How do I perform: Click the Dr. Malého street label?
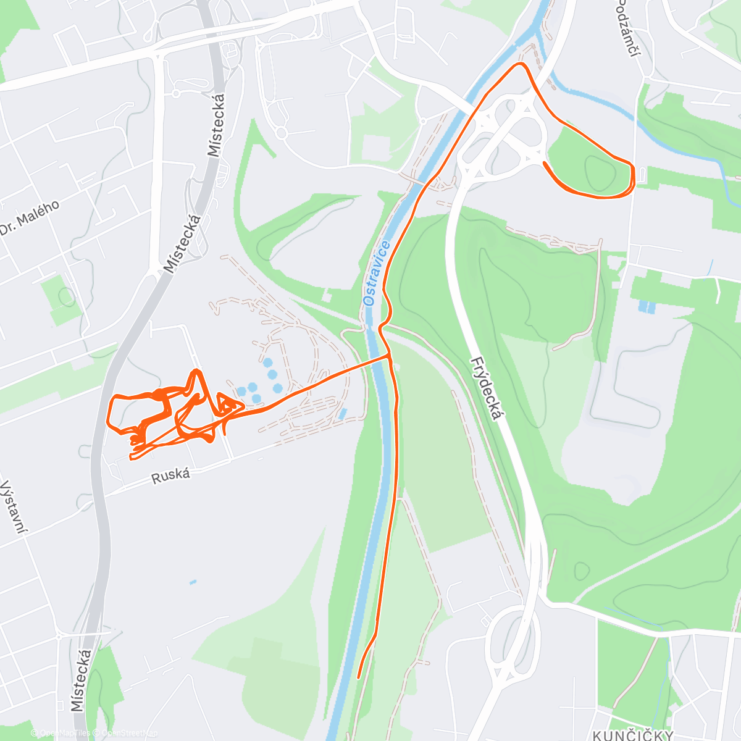30,217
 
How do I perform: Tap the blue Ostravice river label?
377,274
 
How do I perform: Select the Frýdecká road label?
486,388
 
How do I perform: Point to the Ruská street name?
171,475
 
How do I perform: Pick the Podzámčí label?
626,28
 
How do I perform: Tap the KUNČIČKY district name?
633,735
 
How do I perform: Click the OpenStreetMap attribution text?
129,733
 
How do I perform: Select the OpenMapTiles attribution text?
65,733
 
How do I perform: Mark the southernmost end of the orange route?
358,677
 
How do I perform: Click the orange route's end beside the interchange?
544,162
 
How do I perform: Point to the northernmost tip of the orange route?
522,64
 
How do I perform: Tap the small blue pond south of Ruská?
193,582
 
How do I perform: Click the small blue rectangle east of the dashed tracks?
343,412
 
